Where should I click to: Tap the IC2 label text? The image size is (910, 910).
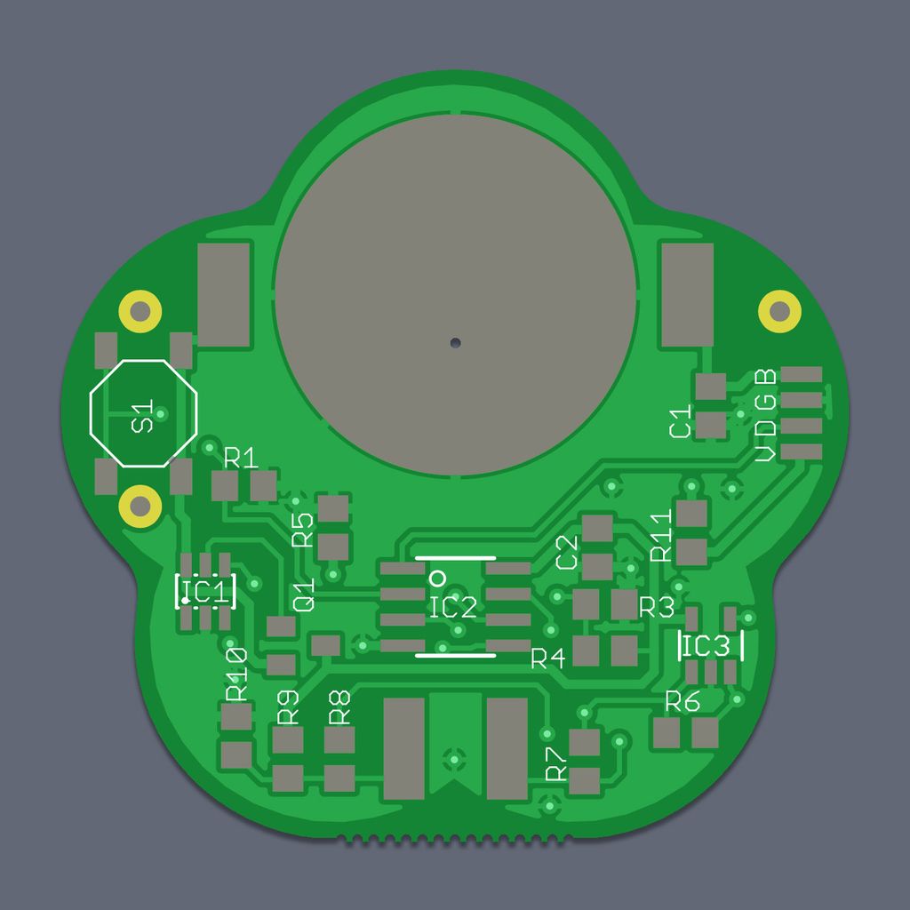tap(453, 607)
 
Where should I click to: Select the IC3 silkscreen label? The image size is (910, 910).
tap(706, 646)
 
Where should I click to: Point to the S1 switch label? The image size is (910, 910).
tap(142, 416)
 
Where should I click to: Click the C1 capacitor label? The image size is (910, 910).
tap(680, 421)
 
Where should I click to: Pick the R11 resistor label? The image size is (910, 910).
tap(661, 535)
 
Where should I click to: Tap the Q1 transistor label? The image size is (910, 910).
tap(304, 595)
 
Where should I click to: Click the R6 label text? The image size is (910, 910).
tap(682, 701)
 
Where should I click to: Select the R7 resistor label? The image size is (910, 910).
tap(555, 763)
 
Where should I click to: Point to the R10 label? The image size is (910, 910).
tap(236, 675)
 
